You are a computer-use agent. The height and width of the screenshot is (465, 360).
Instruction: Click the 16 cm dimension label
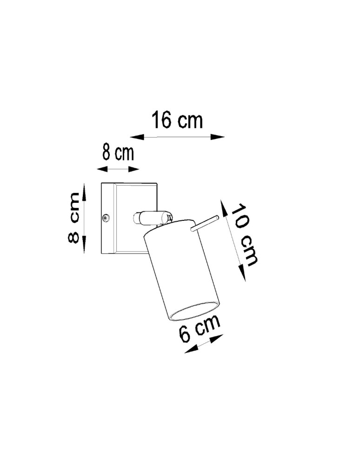coord(177,120)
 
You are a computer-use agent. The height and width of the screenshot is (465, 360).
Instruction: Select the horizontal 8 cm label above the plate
coord(118,153)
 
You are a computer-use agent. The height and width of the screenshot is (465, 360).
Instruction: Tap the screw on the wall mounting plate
coord(106,217)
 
